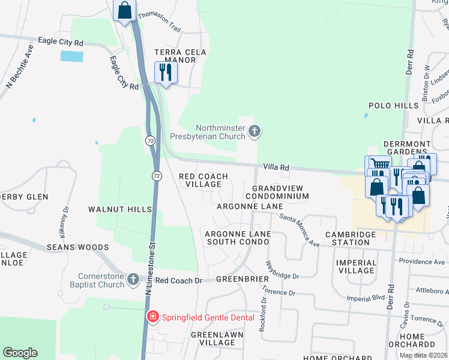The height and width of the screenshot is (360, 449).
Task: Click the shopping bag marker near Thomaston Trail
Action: point(124,10)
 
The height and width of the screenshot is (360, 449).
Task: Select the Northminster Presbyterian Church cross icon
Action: point(255,131)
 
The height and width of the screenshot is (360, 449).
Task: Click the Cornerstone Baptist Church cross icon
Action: point(133,280)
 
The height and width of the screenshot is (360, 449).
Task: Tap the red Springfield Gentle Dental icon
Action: point(153,317)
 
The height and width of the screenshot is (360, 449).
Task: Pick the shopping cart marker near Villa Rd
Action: point(377,164)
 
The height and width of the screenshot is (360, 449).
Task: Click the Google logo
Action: point(20,353)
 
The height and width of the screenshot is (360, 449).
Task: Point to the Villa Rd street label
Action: point(276,167)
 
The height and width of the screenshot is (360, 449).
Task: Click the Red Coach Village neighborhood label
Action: point(204,180)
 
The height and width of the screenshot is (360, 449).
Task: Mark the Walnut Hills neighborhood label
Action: point(120,209)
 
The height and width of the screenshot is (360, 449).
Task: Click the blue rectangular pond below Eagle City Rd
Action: point(72,56)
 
